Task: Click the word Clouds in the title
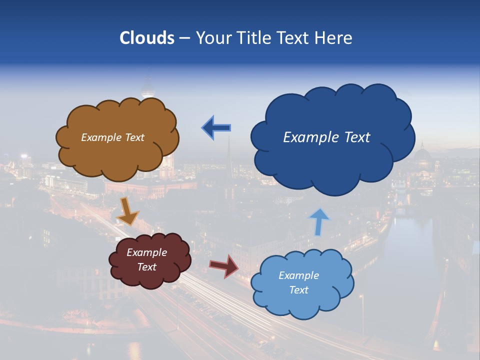(x=147, y=38)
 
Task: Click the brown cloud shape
(x=117, y=150)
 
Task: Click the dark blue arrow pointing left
(x=216, y=128)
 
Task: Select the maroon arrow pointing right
(x=224, y=266)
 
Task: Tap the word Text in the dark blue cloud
(x=355, y=137)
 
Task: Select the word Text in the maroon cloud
(x=147, y=267)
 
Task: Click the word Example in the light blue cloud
(x=298, y=275)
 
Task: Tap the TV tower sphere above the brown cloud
(x=147, y=91)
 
